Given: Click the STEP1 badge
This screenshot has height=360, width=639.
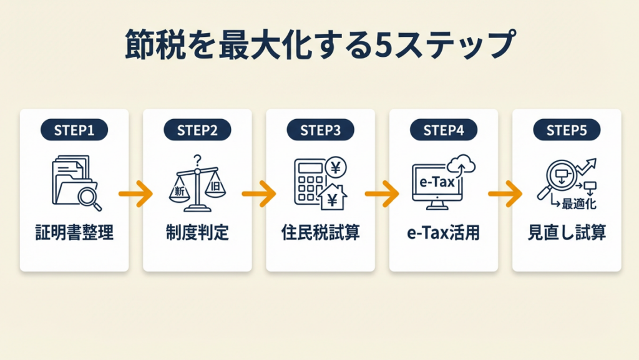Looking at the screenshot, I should (x=74, y=130).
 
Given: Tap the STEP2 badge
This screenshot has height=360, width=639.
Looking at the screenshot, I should (x=197, y=130).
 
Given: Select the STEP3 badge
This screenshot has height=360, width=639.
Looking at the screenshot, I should (x=320, y=130).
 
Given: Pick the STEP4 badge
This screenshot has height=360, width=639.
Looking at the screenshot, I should (x=444, y=130).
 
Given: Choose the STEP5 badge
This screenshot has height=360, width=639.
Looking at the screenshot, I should (x=567, y=130).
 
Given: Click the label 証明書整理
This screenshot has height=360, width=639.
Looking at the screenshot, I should (x=74, y=234).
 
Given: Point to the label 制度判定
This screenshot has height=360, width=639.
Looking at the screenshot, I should (x=197, y=234).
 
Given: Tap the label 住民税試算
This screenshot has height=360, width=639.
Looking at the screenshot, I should (x=320, y=234).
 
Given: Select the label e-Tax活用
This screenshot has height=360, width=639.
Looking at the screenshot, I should (x=444, y=234).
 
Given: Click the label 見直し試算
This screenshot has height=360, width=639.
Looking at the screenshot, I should (x=567, y=234).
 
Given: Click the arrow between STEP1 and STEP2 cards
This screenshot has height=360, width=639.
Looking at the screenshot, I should (x=135, y=194).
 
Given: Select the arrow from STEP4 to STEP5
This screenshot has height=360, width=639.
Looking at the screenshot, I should (x=505, y=194).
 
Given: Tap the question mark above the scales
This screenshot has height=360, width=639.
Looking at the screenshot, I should (x=198, y=160).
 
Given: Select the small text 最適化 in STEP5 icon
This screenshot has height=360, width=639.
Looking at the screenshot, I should (x=580, y=203).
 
